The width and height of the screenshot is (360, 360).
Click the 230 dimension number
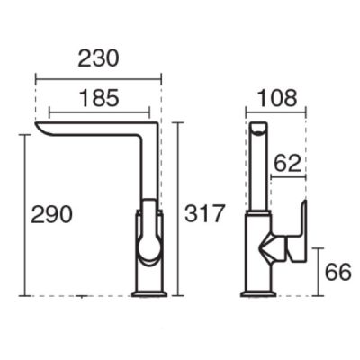point(98,58)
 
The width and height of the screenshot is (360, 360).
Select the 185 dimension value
point(99,98)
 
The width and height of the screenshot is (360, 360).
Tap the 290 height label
point(51,214)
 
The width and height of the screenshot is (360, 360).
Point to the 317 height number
point(204,213)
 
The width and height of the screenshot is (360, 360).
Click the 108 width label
point(277,98)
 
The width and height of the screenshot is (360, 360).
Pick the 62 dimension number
point(287,163)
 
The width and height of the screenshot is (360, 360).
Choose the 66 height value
point(337,272)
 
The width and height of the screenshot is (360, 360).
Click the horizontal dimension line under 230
point(99,79)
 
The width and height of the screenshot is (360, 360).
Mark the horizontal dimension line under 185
point(99,112)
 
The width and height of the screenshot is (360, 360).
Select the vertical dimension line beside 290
point(25,215)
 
